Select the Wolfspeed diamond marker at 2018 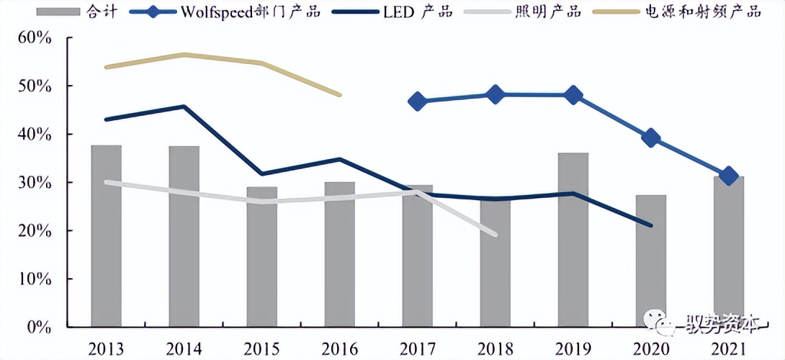click(x=495, y=94)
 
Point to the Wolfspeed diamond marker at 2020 click(x=650, y=138)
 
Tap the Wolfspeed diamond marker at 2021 click(x=728, y=176)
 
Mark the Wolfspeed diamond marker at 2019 click(x=573, y=95)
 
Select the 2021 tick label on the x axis click(x=728, y=348)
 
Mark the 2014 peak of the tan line click(x=184, y=54)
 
